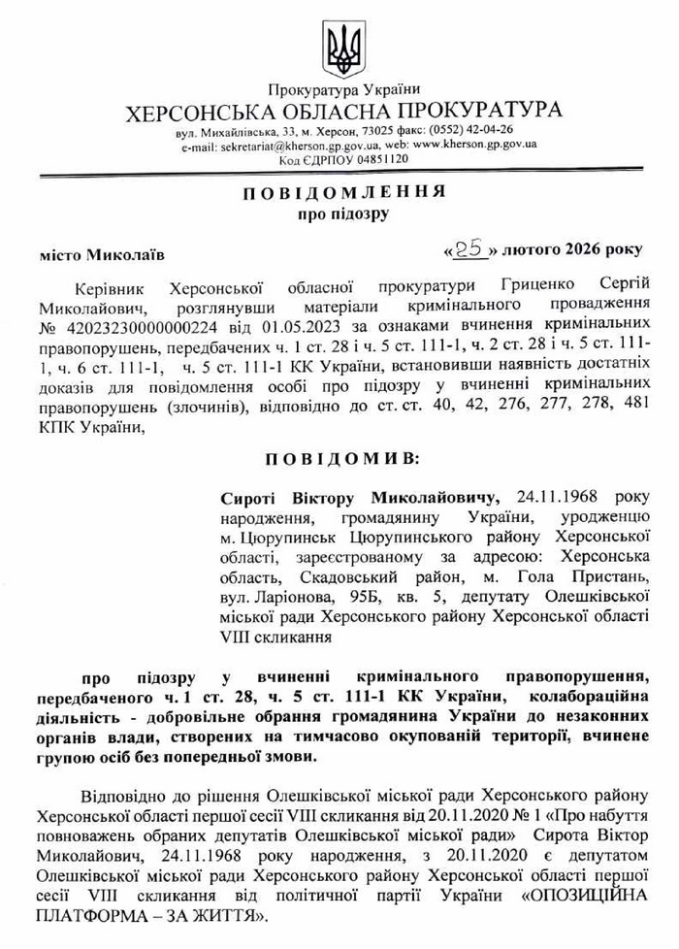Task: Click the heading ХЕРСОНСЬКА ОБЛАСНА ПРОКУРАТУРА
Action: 343,111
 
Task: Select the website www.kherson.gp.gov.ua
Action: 473,144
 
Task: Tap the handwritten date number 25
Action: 469,248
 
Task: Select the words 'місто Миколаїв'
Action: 102,255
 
